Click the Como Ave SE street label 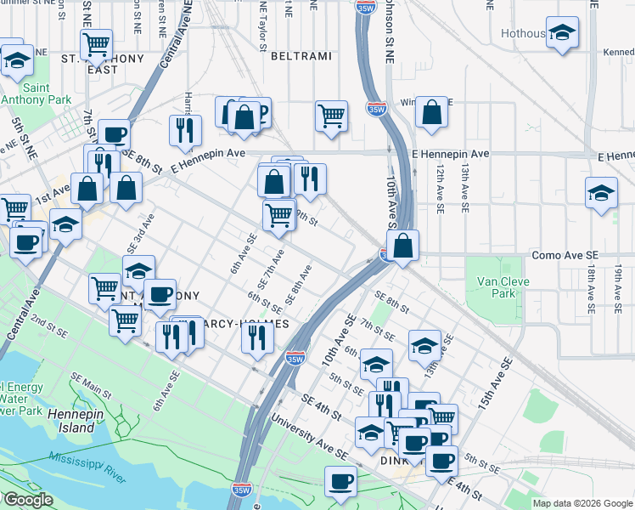pos(565,255)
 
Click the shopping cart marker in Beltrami pos(331,116)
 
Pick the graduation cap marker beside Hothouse pos(561,34)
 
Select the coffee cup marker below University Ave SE pos(341,482)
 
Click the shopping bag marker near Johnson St pos(431,113)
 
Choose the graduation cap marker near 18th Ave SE pos(601,192)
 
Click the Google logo pos(28,500)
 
